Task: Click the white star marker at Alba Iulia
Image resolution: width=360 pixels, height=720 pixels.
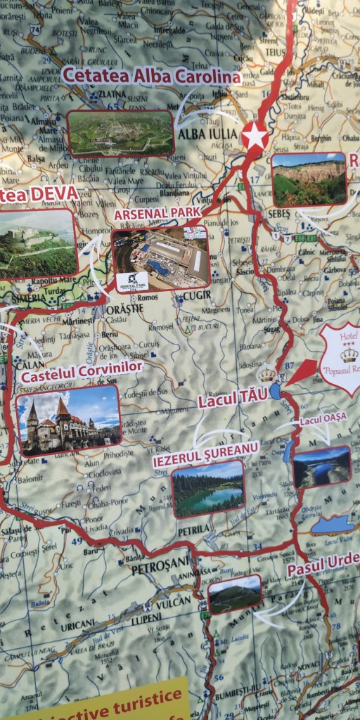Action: (x=255, y=136)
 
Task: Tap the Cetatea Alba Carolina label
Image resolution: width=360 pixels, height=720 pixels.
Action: (x=151, y=75)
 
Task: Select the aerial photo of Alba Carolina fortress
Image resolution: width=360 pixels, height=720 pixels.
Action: (x=120, y=133)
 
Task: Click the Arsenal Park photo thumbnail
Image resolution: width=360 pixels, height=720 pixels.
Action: (x=160, y=259)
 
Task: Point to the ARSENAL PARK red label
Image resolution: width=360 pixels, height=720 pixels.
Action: (x=157, y=212)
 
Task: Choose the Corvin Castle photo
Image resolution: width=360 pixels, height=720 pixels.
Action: (x=68, y=420)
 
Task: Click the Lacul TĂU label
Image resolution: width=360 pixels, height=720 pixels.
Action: (x=232, y=399)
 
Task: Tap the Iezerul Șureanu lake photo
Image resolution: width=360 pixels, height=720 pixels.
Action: (x=207, y=488)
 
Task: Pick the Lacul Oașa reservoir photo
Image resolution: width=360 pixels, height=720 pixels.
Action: (x=321, y=466)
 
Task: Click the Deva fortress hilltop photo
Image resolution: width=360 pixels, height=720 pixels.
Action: (x=37, y=243)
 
